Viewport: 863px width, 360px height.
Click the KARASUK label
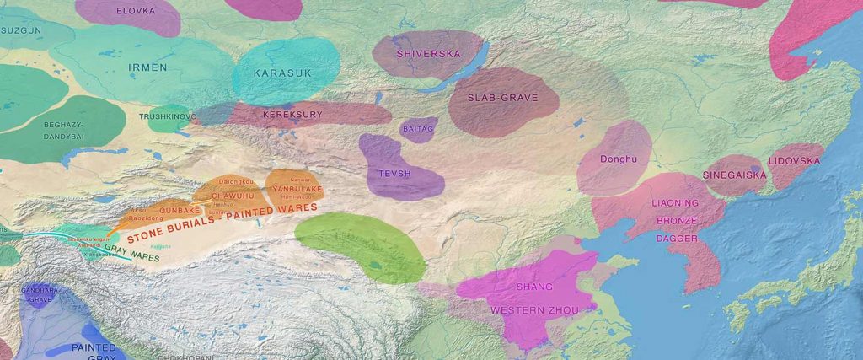coord(283,73)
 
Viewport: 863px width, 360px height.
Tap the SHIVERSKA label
coord(427,54)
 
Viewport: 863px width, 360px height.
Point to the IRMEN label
coord(147,67)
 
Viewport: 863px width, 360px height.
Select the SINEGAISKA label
coord(734,175)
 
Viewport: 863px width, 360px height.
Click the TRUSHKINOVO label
coord(168,116)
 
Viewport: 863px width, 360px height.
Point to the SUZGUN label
coord(20,30)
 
